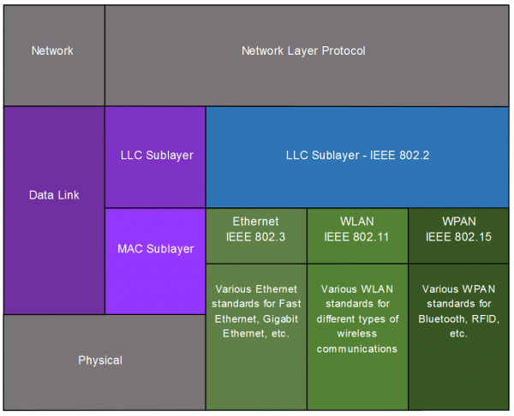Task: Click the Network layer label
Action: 52,51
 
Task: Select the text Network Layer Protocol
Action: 303,51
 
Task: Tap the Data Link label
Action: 53,195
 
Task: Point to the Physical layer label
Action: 100,360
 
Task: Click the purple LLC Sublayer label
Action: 156,156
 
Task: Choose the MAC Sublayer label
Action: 155,249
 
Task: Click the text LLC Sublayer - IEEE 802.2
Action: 356,156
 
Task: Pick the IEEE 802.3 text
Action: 255,237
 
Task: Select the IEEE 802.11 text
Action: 356,237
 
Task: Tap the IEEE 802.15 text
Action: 458,237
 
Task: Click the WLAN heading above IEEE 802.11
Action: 356,222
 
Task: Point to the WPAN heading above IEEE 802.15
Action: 458,222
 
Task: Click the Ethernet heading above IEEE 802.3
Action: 255,222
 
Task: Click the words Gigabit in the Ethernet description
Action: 273,318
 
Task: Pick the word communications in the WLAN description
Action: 356,348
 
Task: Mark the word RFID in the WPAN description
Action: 483,318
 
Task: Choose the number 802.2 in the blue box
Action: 411,156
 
